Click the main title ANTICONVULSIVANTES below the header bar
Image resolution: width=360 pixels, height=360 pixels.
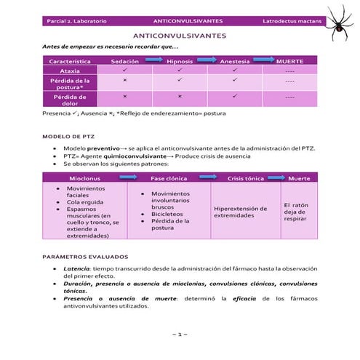[180, 36]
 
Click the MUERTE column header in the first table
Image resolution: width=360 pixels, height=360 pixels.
[289, 62]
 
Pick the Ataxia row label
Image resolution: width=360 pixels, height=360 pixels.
[70, 71]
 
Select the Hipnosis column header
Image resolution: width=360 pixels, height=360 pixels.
[179, 62]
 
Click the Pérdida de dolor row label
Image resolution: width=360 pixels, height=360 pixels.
[70, 100]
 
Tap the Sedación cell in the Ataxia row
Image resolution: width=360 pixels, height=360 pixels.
[125, 71]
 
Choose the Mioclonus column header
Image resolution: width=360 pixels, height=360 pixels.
[85, 177]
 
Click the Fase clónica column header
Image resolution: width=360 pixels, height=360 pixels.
[168, 177]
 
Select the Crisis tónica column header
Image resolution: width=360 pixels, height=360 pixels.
[245, 177]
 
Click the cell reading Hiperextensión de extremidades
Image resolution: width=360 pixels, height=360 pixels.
[244, 212]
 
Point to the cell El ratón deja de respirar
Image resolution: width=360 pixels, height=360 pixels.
[299, 211]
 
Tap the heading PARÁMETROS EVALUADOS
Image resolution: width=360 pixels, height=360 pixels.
[86, 257]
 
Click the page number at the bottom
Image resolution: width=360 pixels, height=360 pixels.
[180, 334]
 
